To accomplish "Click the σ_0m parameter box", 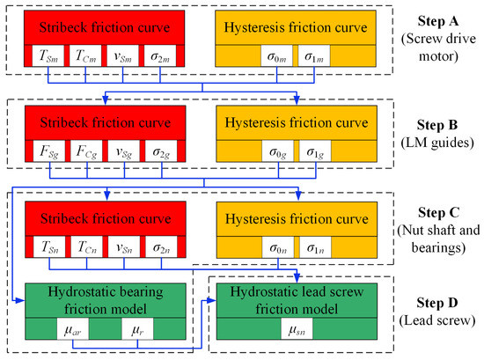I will [278, 57].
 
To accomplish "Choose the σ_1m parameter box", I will [317, 57].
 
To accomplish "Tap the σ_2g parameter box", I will [161, 147].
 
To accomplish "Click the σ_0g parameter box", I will [278, 147].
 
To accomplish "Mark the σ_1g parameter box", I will [317, 147].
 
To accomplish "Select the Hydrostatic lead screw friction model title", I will [297, 299].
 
